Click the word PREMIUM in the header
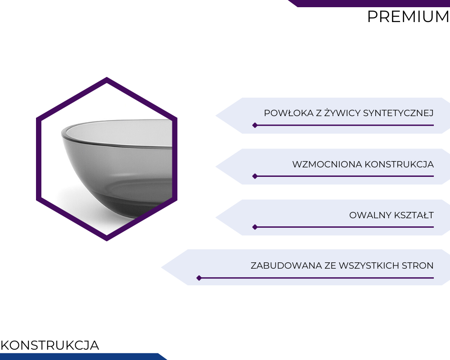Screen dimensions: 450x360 tap(408, 17)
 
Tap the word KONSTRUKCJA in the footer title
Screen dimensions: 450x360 tap(49, 345)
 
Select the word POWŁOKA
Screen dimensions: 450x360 tap(289, 113)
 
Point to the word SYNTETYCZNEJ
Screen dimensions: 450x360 tap(398, 113)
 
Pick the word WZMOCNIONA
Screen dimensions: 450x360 tap(327, 164)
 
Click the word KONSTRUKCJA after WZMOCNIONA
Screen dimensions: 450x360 tap(399, 164)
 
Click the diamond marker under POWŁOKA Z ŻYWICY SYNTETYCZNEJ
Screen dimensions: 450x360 tap(255, 125)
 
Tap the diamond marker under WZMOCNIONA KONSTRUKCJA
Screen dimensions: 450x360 tap(255, 176)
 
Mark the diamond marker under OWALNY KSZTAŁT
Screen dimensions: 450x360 tap(255, 227)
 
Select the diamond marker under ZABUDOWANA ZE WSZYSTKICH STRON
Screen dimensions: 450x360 tap(199, 278)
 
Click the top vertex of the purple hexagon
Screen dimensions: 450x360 tap(107, 77)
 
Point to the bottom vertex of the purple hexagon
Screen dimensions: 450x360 tap(107, 241)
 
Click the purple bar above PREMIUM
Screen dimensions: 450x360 tap(369, 4)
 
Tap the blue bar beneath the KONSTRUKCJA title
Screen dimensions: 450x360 tap(83, 356)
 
